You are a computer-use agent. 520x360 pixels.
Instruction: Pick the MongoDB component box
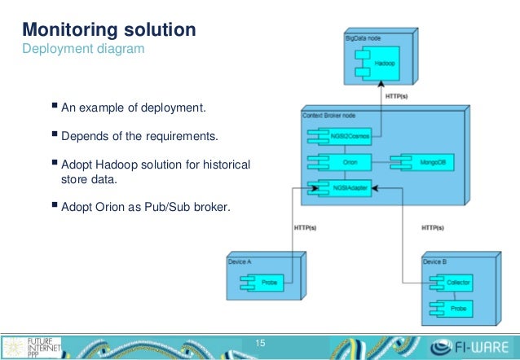pos(421,162)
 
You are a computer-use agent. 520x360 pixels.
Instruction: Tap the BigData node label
pos(364,37)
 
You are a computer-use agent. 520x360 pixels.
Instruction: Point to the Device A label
pos(242,261)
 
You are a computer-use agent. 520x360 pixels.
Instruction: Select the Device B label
pos(436,261)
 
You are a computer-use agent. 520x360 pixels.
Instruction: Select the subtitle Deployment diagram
pos(83,50)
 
